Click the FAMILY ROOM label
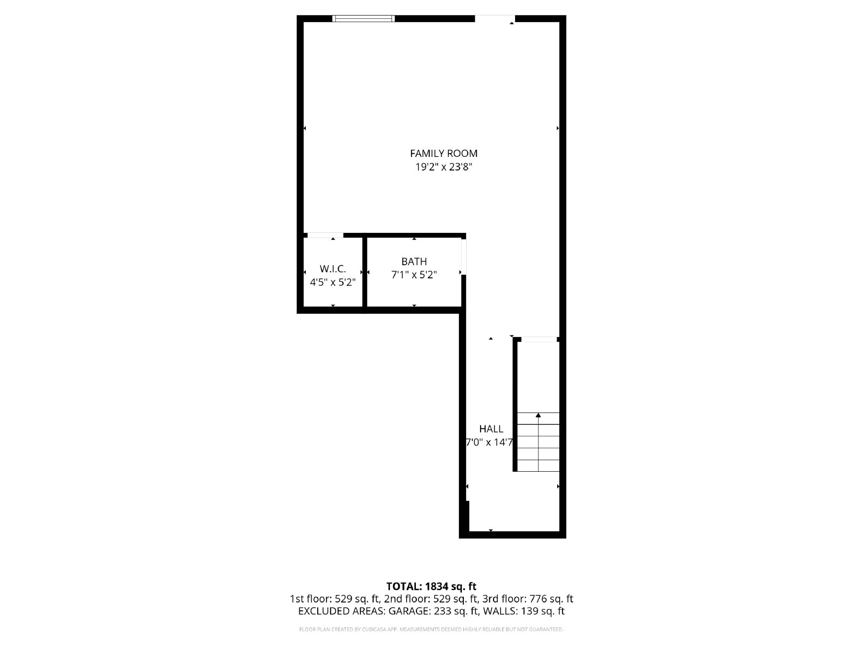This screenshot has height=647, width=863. (443, 154)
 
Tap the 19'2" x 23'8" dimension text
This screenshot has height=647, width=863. (443, 167)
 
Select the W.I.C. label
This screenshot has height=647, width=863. (333, 269)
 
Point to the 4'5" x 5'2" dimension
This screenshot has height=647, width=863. (333, 283)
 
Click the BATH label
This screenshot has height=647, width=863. (414, 261)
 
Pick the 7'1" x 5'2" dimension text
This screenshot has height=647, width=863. (414, 275)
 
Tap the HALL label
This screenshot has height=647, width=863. (491, 429)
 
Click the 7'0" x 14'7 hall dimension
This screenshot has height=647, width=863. (490, 442)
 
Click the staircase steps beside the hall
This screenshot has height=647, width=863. (538, 442)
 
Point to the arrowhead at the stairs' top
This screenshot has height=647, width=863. (538, 415)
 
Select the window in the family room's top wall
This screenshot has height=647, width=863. (364, 18)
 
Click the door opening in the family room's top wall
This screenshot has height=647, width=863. (495, 18)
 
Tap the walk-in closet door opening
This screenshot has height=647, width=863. (325, 235)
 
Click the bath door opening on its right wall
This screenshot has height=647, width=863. (463, 257)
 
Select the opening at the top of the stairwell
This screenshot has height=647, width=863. (539, 340)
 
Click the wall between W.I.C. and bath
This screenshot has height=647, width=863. (365, 272)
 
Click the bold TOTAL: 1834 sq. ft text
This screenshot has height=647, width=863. (432, 587)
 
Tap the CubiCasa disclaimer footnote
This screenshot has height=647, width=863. (432, 629)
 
